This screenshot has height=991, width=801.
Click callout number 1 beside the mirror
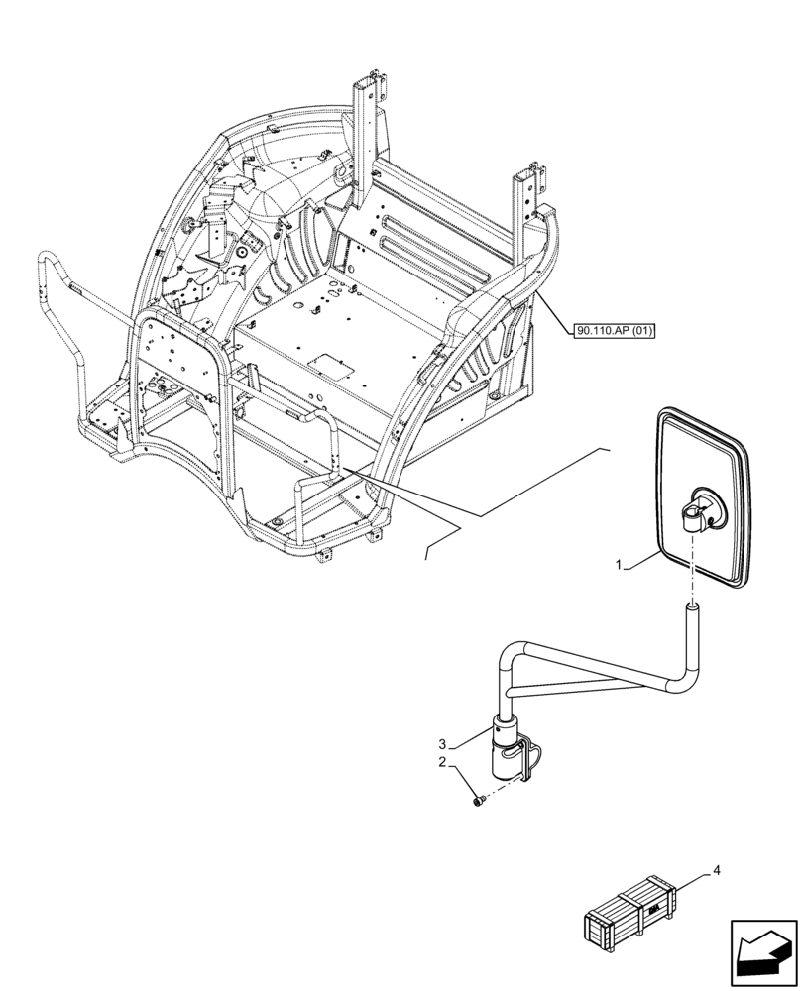pyautogui.click(x=619, y=565)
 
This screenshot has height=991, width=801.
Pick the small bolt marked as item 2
pyautogui.click(x=478, y=800)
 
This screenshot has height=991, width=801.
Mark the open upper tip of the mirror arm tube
pyautogui.click(x=691, y=605)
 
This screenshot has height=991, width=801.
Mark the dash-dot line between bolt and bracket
pyautogui.click(x=501, y=790)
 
